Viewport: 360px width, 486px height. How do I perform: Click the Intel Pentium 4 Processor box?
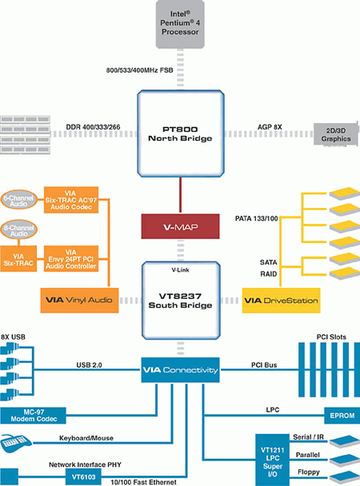[x=180, y=24]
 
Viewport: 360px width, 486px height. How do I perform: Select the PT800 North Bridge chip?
[x=181, y=133]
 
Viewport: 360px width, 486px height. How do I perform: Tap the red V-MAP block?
[x=180, y=226]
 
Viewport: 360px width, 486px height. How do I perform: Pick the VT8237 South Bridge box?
[x=181, y=301]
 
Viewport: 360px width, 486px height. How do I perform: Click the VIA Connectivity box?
[x=180, y=370]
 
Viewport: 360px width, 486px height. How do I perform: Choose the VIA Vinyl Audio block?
[x=79, y=300]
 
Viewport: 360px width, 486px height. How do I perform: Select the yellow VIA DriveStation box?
[x=281, y=301]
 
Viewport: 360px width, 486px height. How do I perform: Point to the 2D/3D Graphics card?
[x=337, y=134]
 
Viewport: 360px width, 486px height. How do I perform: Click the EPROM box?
[x=342, y=416]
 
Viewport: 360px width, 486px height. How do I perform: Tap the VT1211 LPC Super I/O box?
[x=272, y=460]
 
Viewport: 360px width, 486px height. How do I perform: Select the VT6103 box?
[x=83, y=476]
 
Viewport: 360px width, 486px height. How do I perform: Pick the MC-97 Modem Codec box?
[x=33, y=416]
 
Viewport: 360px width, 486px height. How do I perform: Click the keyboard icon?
[x=15, y=443]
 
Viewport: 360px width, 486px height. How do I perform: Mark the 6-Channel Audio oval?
[x=18, y=200]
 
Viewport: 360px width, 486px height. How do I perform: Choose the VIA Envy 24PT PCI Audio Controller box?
[x=71, y=259]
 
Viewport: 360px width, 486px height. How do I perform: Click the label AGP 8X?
[x=270, y=127]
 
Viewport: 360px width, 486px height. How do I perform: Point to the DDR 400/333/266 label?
[x=93, y=127]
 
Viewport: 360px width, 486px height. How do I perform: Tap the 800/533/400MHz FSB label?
[x=139, y=70]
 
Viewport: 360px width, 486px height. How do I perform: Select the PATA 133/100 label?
[x=257, y=218]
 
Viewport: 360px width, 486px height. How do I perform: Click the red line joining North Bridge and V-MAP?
[x=180, y=195]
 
